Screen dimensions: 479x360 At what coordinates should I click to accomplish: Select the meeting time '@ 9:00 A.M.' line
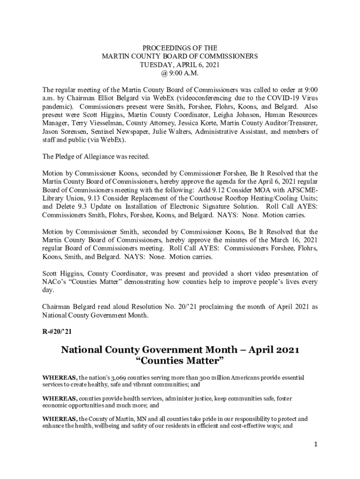[x=180, y=73]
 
